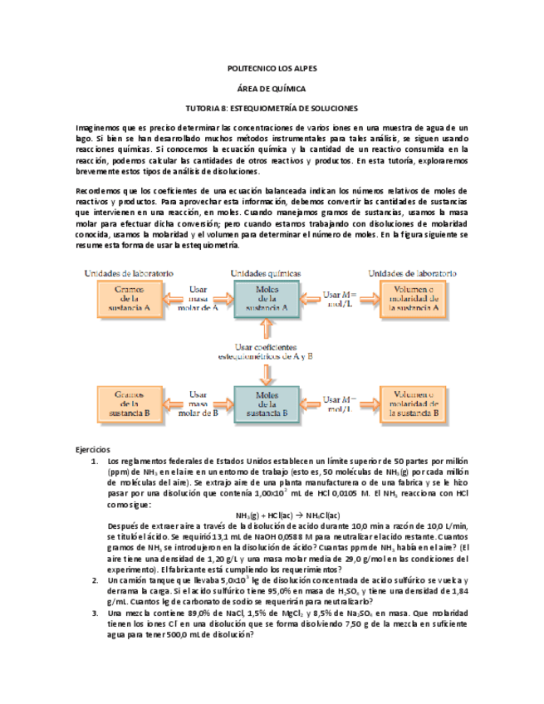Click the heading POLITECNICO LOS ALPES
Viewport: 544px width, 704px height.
(272, 69)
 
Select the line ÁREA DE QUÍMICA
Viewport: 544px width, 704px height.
(272, 89)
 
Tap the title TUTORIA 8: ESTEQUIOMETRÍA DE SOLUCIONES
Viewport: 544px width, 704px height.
(272, 109)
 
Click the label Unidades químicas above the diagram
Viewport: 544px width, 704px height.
(266, 273)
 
